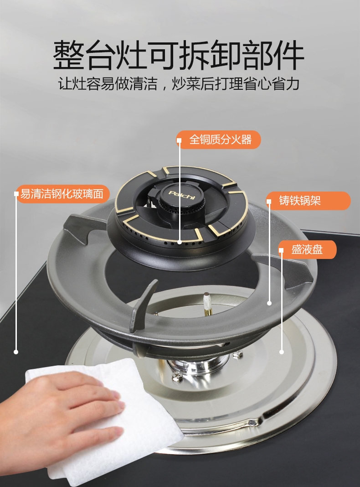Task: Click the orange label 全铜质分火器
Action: [x=218, y=140]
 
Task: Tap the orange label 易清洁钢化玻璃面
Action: [x=62, y=194]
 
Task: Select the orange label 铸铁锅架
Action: [x=309, y=201]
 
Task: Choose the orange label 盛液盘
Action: [x=307, y=249]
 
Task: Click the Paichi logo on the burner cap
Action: [x=182, y=195]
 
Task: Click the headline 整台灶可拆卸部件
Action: [x=179, y=55]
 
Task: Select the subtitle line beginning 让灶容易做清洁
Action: [x=179, y=84]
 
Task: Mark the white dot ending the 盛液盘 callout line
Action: [x=282, y=352]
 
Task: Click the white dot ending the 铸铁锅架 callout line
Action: [x=269, y=303]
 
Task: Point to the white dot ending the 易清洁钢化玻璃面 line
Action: [x=16, y=352]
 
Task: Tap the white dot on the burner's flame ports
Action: [x=180, y=242]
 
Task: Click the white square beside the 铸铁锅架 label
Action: [x=269, y=201]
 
